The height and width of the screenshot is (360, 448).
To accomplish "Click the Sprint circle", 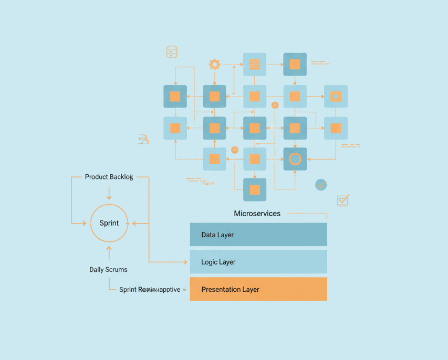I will tap(109, 223).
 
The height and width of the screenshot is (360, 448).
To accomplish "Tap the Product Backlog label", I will tap(109, 177).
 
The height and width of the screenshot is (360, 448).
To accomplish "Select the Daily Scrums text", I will tap(108, 270).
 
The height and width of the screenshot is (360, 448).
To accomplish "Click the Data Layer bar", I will tap(258, 235).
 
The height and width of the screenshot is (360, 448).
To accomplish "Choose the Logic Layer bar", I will tap(258, 262).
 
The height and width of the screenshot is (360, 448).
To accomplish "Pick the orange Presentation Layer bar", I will tap(258, 289).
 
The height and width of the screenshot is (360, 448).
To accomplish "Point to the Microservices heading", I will tap(257, 214).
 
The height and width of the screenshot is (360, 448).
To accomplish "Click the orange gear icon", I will tap(214, 65).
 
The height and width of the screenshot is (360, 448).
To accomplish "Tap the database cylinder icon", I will tap(172, 51).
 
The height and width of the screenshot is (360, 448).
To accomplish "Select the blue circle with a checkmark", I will tap(321, 185).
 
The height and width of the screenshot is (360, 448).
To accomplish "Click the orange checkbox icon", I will tap(343, 200).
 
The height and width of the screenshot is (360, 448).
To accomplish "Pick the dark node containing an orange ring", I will tap(295, 159).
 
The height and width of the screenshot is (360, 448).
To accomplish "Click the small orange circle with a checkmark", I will tap(235, 150).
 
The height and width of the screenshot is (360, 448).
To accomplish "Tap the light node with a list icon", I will tap(255, 65).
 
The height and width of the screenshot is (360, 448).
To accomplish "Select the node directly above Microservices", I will tap(255, 189).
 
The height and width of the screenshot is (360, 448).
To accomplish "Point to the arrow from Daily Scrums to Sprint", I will tap(109, 252).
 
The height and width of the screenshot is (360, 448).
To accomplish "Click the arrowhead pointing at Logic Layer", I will tap(184, 262).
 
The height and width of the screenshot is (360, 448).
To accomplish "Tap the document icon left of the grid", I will tap(143, 139).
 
